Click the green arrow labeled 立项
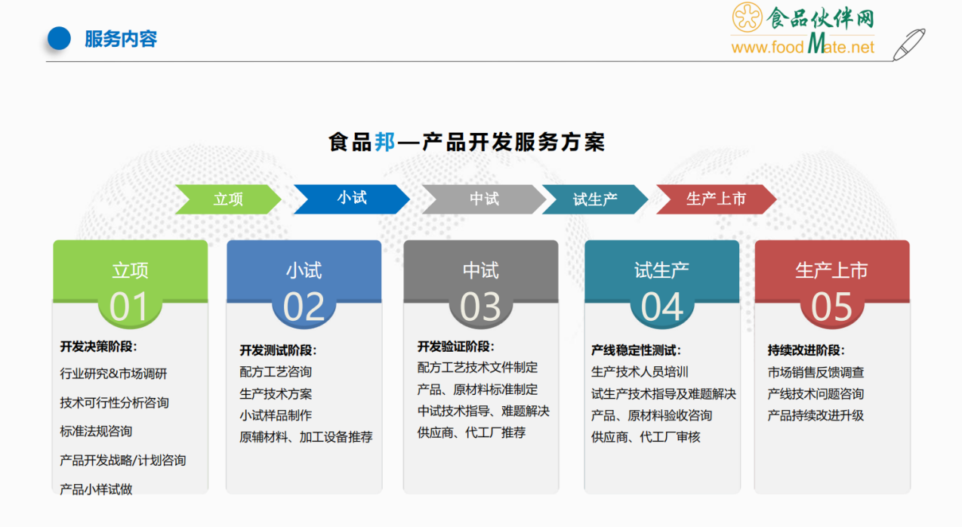click(228, 199)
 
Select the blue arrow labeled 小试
click(352, 199)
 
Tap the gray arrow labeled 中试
click(483, 199)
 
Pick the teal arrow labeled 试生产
click(595, 199)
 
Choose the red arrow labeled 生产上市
click(716, 199)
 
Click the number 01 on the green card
click(129, 307)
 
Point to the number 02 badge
click(304, 307)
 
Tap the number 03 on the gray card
click(480, 307)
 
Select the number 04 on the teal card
click(661, 307)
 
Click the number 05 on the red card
click(831, 307)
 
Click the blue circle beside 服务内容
click(59, 39)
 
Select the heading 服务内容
click(121, 39)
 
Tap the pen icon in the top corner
click(908, 45)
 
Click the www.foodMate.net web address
click(803, 45)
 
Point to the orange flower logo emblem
click(747, 17)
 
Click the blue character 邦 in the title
click(385, 142)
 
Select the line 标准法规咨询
click(96, 431)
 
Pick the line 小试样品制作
click(276, 415)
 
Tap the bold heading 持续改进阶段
click(806, 350)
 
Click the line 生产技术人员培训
click(640, 372)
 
